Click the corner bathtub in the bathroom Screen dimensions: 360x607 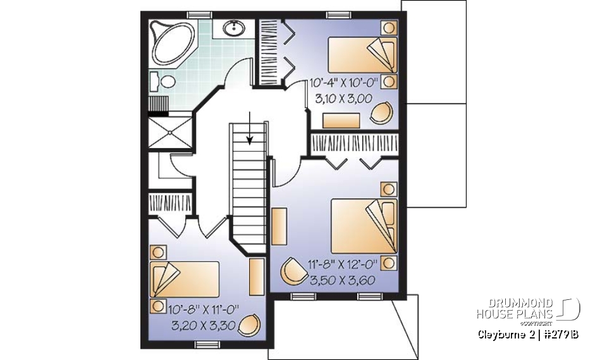[x=169, y=39]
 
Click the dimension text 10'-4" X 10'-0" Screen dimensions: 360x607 [x=343, y=82]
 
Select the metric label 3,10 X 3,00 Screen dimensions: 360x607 [x=343, y=98]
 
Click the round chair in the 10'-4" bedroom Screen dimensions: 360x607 [x=381, y=113]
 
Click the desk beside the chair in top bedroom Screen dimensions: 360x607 [x=341, y=120]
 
